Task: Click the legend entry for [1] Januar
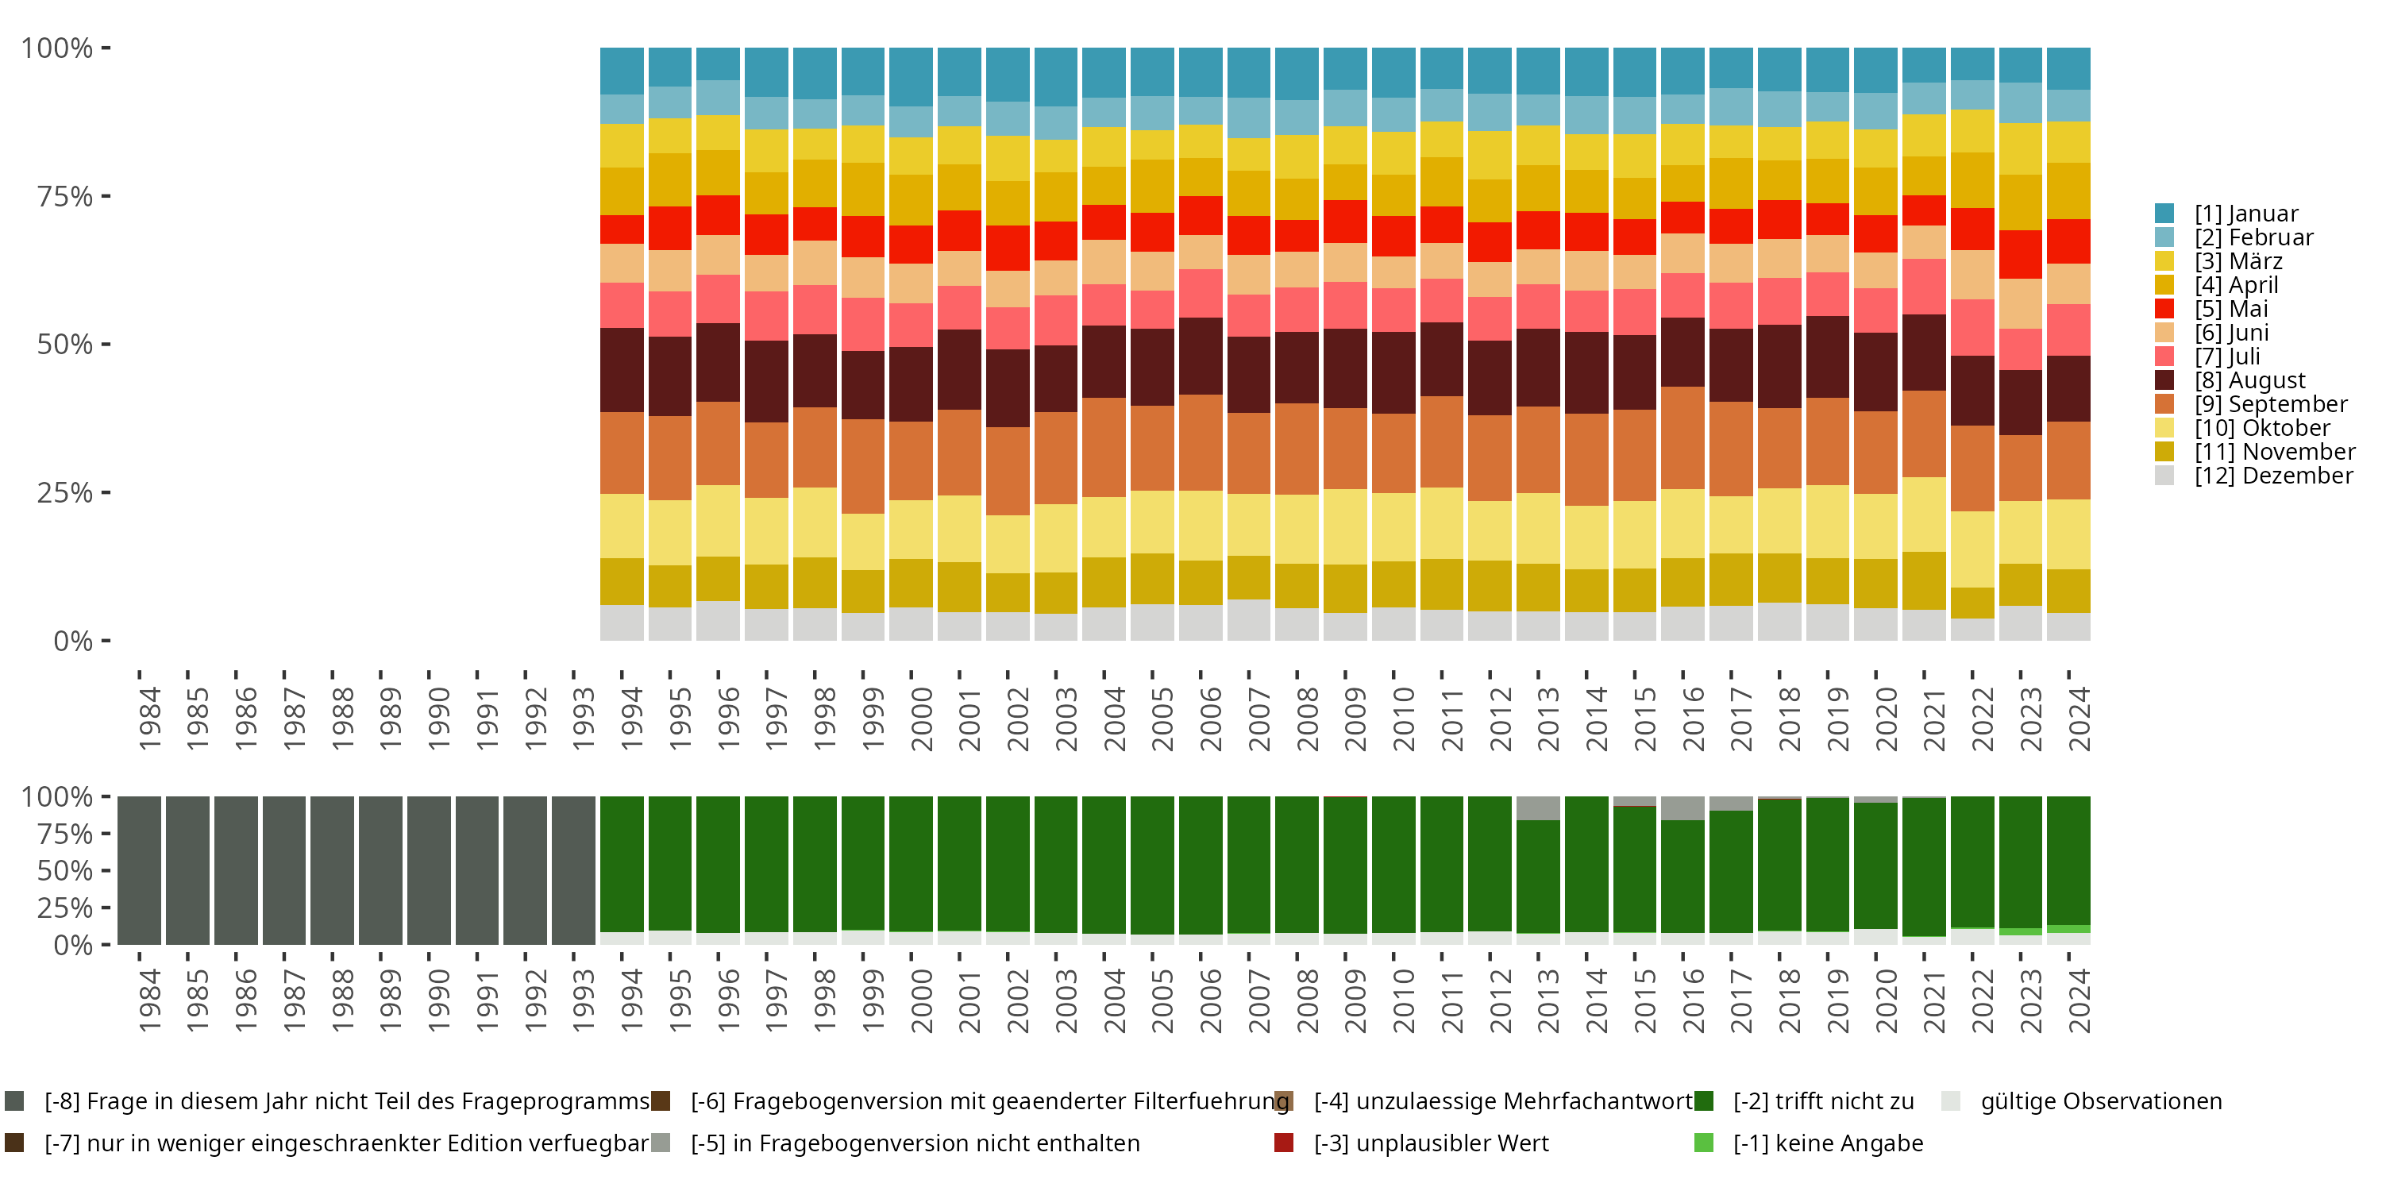2245,214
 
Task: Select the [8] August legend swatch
2164,380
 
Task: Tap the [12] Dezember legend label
2273,476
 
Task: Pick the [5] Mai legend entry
2230,309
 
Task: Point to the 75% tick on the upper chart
65,196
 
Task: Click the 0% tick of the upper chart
72,641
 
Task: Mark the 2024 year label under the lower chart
2078,1001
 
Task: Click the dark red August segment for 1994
622,370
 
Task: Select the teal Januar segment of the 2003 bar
1056,77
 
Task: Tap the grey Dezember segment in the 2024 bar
2068,627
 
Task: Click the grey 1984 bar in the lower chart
139,870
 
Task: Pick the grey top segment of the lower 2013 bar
1539,808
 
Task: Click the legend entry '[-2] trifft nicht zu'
1822,1101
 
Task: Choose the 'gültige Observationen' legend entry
2100,1101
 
